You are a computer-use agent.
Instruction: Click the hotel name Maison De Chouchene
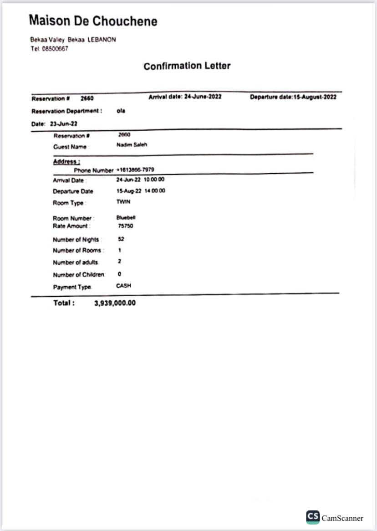[93, 21]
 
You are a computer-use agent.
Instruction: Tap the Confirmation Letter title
[187, 66]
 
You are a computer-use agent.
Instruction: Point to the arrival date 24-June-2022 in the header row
[203, 97]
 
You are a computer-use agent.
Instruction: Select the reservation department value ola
[121, 111]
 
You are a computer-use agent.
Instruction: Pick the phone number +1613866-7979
[135, 170]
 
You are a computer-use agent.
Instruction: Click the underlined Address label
[66, 161]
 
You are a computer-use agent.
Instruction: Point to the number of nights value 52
[121, 239]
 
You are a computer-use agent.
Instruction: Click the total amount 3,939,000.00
[115, 303]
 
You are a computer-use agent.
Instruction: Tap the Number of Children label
[79, 274]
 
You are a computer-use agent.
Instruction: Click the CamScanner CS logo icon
[313, 517]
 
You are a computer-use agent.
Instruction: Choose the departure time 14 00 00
[156, 191]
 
